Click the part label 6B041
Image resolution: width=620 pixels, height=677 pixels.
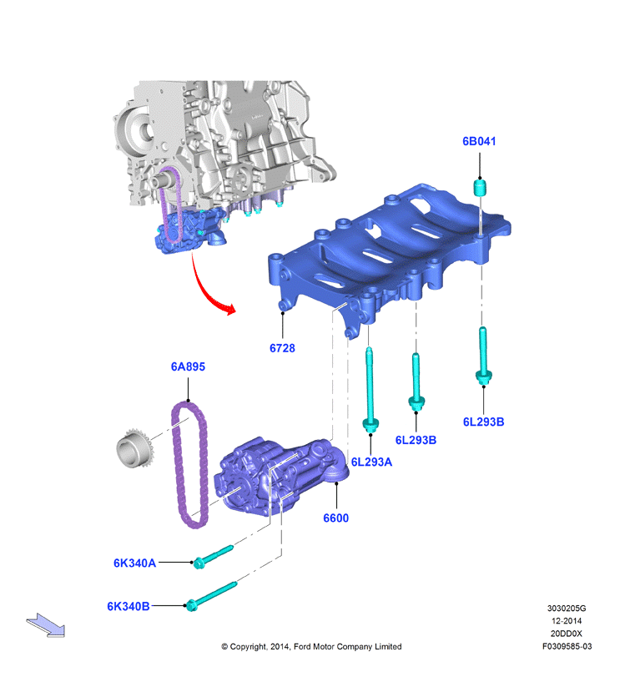tap(479, 141)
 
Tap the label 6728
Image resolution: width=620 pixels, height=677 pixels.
tap(282, 348)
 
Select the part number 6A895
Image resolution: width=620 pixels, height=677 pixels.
tap(188, 366)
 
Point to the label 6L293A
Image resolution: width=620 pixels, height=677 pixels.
tap(371, 462)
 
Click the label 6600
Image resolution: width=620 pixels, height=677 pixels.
tap(335, 518)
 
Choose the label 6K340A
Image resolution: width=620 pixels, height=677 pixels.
tap(134, 563)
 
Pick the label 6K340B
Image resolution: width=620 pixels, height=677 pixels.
tap(129, 606)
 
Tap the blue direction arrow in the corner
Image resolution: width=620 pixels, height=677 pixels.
tap(46, 625)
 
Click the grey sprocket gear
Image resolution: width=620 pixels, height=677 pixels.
tap(134, 447)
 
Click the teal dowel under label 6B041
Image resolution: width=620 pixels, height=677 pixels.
tap(480, 188)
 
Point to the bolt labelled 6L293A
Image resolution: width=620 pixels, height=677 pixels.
tap(370, 388)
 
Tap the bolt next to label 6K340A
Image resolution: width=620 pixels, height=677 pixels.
tap(213, 557)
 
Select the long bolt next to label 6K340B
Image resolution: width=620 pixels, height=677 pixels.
tap(211, 596)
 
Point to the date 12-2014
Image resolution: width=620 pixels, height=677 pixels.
tap(567, 621)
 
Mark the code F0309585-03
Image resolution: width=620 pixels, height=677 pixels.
tap(567, 646)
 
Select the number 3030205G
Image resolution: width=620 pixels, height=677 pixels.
tap(567, 609)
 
